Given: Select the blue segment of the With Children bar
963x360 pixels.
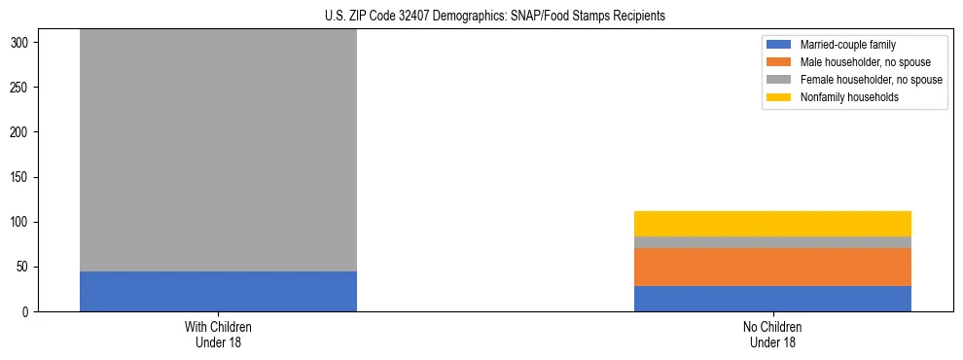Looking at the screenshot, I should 218,291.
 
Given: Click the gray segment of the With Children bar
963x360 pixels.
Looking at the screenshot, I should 218,151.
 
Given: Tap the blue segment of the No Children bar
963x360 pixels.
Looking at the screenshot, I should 772,299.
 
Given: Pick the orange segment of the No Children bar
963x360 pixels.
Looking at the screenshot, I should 772,268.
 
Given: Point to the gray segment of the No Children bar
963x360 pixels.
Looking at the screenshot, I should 772,242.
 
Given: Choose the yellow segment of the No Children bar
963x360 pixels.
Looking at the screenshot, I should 772,224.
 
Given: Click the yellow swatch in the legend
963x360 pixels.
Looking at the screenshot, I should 780,97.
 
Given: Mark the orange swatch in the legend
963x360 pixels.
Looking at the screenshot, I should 780,62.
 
